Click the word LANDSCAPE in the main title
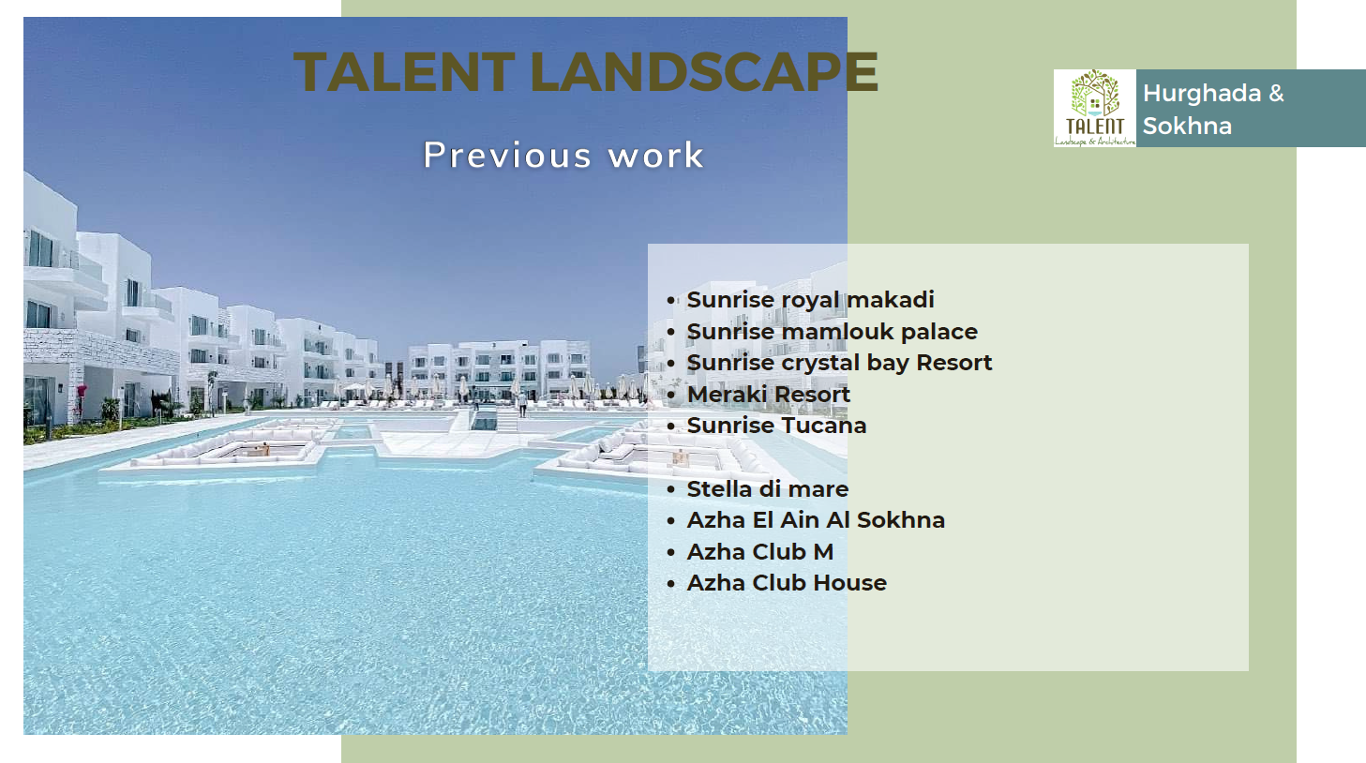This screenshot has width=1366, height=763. click(x=704, y=72)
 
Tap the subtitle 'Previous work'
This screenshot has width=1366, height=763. click(x=563, y=155)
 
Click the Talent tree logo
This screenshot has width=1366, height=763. click(x=1095, y=108)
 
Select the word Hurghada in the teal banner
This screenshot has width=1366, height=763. click(x=1202, y=94)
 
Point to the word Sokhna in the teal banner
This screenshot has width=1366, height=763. click(x=1187, y=127)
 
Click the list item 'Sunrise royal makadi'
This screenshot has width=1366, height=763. click(x=810, y=299)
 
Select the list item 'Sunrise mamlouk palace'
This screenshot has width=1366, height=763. click(x=833, y=331)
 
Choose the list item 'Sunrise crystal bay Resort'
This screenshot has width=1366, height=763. click(x=840, y=363)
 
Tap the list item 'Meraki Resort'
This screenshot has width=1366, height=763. click(x=769, y=394)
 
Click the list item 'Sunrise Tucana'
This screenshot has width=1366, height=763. click(x=777, y=426)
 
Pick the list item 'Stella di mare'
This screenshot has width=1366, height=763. click(x=768, y=488)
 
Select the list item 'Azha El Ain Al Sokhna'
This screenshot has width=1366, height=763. click(x=816, y=520)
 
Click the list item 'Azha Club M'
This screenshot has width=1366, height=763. click(x=760, y=551)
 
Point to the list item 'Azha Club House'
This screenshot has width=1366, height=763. click(x=787, y=583)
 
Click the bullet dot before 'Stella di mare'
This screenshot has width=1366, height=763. click(x=670, y=489)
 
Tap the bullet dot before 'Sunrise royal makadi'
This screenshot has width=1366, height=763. click(x=670, y=301)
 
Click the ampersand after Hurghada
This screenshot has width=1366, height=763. click(x=1276, y=94)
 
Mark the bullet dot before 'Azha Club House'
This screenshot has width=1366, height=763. click(x=670, y=584)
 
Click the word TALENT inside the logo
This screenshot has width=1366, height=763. click(x=1095, y=127)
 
